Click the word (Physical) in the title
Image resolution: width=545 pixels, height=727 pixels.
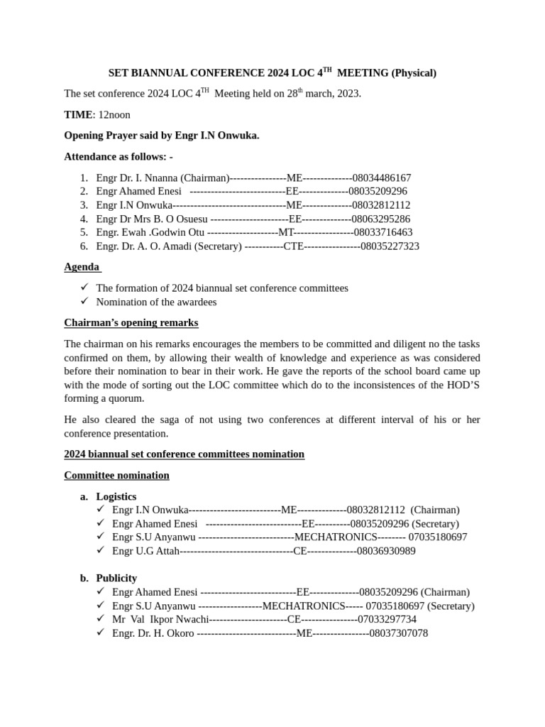point(414,73)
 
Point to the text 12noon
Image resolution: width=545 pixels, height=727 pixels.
point(114,114)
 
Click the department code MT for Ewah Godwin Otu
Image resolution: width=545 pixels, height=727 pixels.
point(286,232)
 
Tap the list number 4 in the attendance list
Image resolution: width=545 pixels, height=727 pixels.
point(84,219)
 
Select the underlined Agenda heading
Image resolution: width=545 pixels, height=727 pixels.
point(82,268)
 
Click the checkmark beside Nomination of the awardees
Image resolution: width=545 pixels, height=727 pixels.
point(84,302)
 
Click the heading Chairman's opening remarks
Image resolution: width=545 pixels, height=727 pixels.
point(131,323)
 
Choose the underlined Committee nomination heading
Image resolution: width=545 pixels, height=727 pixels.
point(116,475)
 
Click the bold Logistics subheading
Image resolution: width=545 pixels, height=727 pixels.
point(116,496)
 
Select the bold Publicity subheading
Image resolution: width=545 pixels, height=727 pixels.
point(116,578)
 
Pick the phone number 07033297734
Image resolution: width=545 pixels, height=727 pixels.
point(387,619)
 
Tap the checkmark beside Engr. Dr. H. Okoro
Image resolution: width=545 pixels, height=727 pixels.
point(101,633)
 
